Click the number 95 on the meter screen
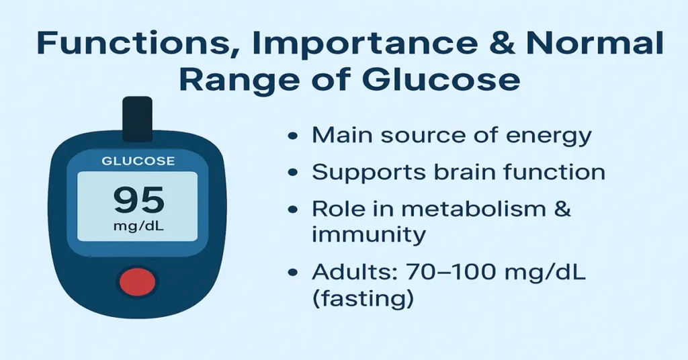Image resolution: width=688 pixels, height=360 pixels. (x=138, y=200)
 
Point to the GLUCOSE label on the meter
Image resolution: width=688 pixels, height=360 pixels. (x=137, y=161)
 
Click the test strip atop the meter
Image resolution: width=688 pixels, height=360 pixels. (x=137, y=118)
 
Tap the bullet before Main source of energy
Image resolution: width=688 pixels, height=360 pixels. (x=294, y=136)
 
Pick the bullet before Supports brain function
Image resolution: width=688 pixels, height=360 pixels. (x=294, y=172)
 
